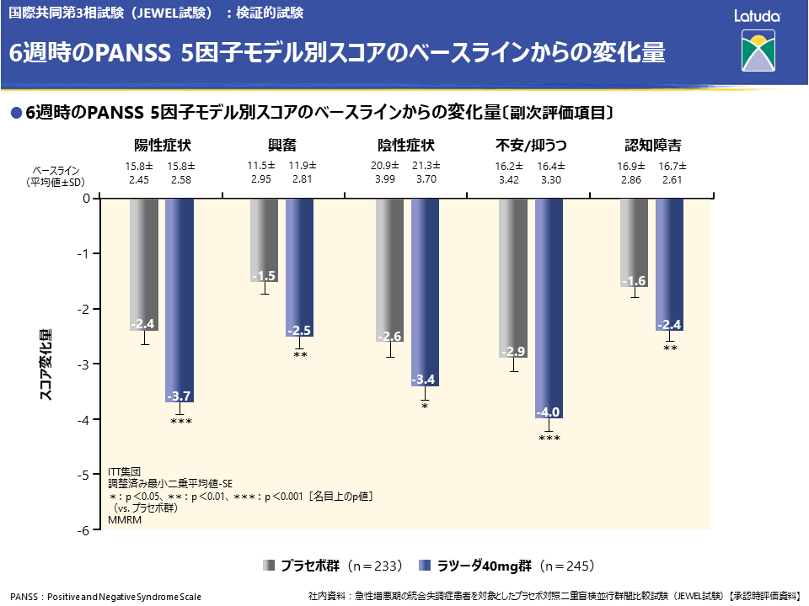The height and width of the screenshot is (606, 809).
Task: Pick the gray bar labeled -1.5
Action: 265,240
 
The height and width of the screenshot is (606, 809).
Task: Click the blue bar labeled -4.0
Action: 549,308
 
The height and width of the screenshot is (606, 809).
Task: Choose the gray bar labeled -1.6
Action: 634,242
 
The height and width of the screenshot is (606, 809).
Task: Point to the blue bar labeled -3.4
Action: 425,292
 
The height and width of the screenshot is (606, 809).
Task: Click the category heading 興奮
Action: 283,144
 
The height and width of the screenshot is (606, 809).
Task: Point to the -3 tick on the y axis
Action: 85,364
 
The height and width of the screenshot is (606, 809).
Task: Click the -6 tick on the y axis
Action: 85,530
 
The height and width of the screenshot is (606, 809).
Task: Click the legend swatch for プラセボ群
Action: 269,565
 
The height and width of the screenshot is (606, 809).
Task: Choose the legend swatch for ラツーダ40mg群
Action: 426,565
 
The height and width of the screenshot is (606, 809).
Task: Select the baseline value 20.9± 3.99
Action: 384,173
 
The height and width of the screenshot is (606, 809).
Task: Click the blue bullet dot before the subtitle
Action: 14,113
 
